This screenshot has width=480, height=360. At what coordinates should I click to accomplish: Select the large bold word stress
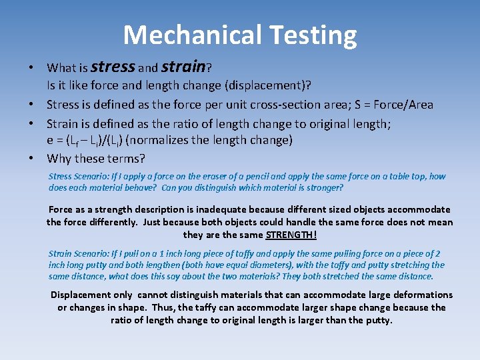[112, 66]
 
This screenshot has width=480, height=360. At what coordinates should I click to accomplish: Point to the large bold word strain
[183, 66]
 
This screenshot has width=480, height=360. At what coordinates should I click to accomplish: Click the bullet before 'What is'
[31, 68]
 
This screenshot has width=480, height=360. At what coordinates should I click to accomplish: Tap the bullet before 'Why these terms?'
[31, 159]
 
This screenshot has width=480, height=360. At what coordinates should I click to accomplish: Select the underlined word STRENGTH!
[291, 235]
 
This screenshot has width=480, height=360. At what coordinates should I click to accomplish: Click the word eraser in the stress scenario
[216, 177]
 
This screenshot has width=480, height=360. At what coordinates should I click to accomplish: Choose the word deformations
[423, 295]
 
